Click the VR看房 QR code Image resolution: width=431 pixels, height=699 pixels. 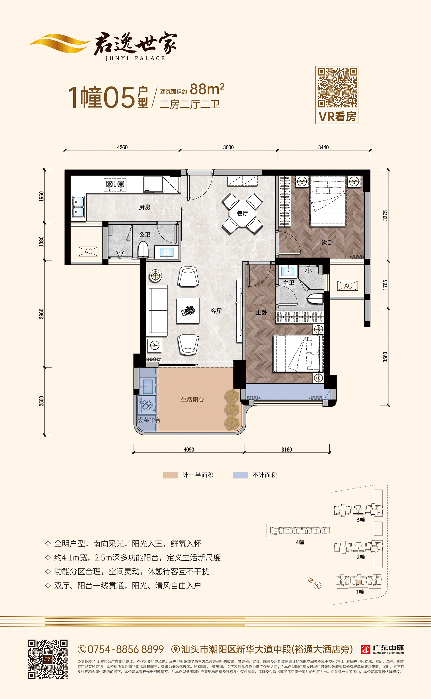337,88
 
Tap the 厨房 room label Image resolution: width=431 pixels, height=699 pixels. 145,207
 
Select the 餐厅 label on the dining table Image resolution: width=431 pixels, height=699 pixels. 242,213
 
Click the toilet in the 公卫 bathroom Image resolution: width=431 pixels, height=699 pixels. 143,249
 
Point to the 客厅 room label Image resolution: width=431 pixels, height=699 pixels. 216,311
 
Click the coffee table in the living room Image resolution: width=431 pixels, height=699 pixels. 188,310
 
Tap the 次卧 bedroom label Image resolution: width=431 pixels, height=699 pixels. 327,243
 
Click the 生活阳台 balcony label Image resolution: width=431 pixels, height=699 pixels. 192,400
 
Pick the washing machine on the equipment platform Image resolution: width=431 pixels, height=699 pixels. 147,404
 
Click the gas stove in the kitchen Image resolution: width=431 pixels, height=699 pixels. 115,184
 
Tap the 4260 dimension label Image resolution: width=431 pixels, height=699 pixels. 122,147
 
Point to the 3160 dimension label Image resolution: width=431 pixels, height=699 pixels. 287,450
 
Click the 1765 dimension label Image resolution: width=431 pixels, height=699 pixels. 385,285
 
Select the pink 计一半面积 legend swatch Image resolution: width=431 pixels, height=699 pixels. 171,475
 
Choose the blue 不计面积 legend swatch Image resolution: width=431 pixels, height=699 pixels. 240,475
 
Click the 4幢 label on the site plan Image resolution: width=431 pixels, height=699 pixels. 300,542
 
